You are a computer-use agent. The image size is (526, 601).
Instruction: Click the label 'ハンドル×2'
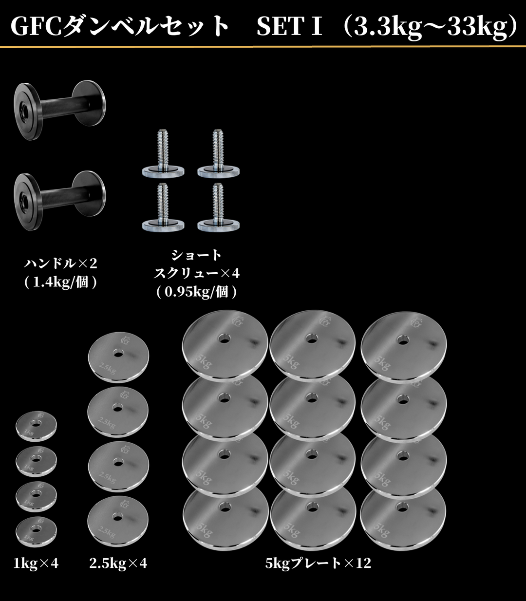(x=61, y=263)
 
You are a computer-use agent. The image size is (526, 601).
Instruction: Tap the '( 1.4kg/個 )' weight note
(x=61, y=282)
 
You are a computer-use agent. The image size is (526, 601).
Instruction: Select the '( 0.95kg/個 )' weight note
(x=197, y=292)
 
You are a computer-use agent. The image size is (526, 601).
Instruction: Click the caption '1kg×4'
(x=36, y=563)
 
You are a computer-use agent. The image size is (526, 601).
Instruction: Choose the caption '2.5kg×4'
(x=118, y=563)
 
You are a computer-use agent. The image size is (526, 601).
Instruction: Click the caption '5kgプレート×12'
(x=319, y=563)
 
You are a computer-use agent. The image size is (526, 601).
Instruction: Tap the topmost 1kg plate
(x=36, y=426)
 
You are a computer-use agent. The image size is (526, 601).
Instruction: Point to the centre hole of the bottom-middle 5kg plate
(x=312, y=508)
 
